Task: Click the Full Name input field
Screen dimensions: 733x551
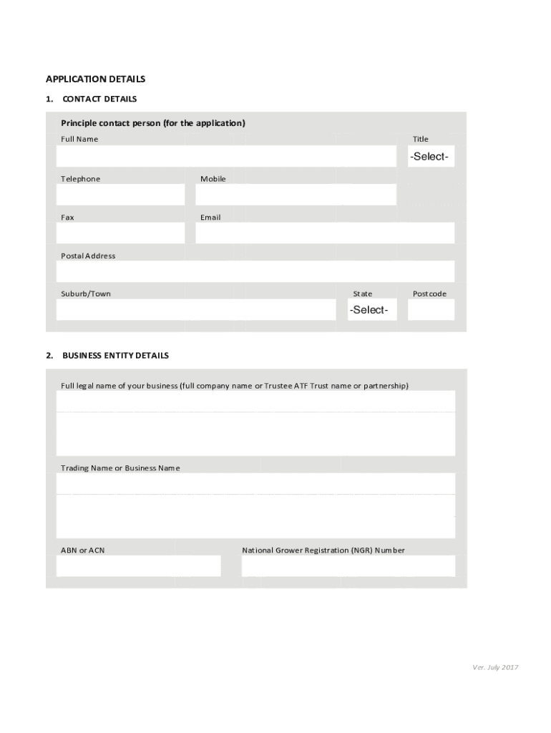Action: [226, 156]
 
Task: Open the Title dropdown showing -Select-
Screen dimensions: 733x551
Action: [429, 156]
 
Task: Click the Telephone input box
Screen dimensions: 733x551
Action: [120, 195]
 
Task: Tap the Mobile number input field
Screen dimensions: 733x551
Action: [296, 195]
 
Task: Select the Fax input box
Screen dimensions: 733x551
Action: [120, 233]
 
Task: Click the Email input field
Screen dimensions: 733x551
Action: [325, 233]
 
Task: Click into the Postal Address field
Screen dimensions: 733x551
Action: [255, 271]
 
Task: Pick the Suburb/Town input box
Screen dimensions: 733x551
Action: [195, 309]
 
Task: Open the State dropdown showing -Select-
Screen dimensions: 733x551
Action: [369, 310]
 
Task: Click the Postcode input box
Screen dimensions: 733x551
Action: [431, 309]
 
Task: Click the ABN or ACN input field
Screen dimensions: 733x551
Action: [139, 565]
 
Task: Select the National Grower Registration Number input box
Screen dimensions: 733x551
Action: [348, 565]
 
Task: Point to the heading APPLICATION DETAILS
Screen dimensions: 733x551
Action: [96, 79]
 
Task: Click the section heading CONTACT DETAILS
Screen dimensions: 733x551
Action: [99, 99]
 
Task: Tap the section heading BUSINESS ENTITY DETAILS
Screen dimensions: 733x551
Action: [116, 355]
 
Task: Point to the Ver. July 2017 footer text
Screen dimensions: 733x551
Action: [495, 667]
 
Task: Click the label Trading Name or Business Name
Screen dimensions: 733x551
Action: [120, 468]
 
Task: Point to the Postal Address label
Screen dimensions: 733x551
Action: [88, 256]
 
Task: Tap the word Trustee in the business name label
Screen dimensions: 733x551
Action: [278, 386]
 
